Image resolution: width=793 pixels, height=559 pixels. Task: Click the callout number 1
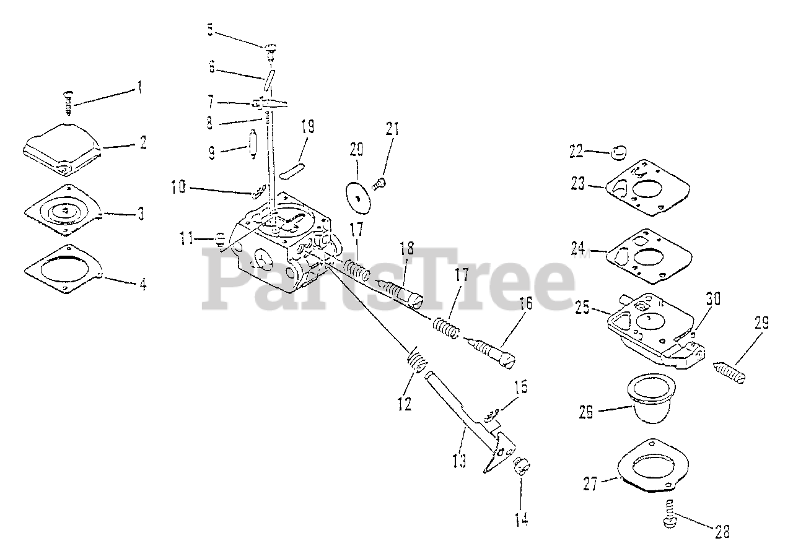coord(140,87)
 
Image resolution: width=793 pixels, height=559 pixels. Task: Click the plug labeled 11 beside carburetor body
coord(219,238)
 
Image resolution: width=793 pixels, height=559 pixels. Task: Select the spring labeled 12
coord(417,360)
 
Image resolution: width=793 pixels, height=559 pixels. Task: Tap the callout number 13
coord(459,461)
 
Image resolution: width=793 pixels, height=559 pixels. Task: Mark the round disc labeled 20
coord(356,192)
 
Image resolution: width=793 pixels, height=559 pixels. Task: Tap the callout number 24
coord(577,248)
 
